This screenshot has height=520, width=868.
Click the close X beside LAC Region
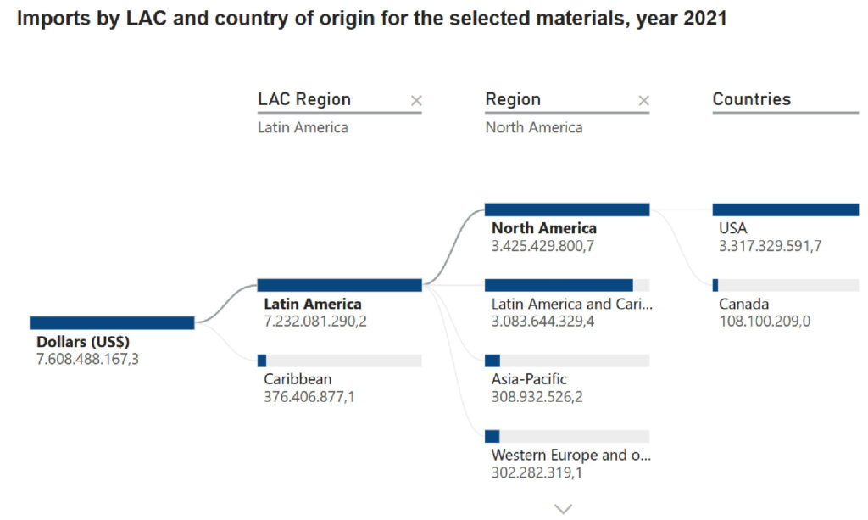415,101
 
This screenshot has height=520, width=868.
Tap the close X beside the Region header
643,101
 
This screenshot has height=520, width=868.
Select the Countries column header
751,99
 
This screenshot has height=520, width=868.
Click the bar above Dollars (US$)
112,322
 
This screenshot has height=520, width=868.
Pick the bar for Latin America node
339,285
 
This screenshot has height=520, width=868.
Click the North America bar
567,210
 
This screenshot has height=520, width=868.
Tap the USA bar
785,210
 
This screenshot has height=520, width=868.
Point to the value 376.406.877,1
309,396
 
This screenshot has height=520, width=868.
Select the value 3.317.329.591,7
770,246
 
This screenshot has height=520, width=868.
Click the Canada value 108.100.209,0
764,322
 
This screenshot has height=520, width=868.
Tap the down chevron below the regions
564,508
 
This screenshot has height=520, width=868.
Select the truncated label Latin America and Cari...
572,304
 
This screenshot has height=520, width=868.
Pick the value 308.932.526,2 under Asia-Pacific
537,396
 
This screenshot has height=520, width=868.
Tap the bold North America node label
544,228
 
